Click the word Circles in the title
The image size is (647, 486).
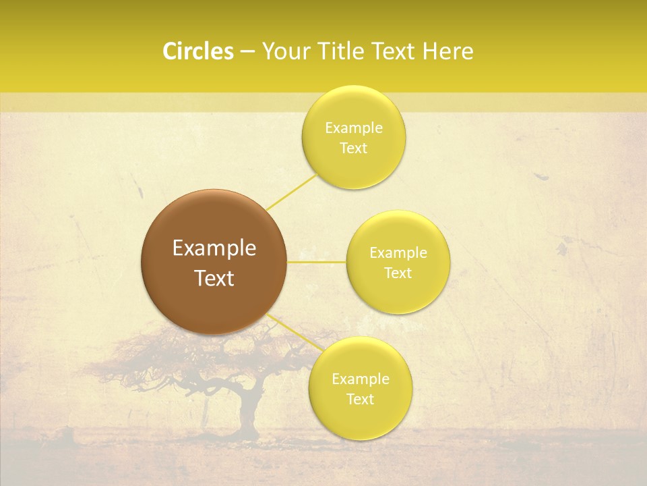pos(197,51)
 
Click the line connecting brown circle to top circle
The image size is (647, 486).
pos(291,192)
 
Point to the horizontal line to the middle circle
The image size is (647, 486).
pos(317,261)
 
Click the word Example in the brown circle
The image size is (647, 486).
pos(214,248)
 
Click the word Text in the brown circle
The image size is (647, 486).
pos(214,278)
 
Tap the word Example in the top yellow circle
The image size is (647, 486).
pos(353,128)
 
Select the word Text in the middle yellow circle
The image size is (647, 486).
pos(398,273)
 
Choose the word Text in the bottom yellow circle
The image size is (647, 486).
pos(360,400)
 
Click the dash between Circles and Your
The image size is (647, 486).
pos(247,52)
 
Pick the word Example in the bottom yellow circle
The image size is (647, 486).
pos(360,379)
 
